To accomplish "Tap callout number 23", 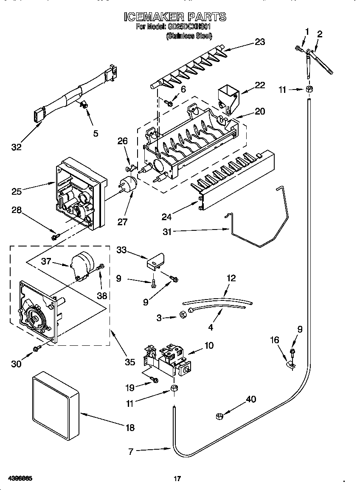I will pyautogui.click(x=259, y=42).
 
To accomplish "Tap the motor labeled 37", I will pyautogui.click(x=83, y=266).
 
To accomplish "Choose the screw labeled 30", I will pyautogui.click(x=37, y=348).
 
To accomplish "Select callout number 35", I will pyautogui.click(x=130, y=362).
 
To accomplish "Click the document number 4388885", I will pyautogui.click(x=20, y=479).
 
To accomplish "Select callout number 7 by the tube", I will pyautogui.click(x=131, y=452).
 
